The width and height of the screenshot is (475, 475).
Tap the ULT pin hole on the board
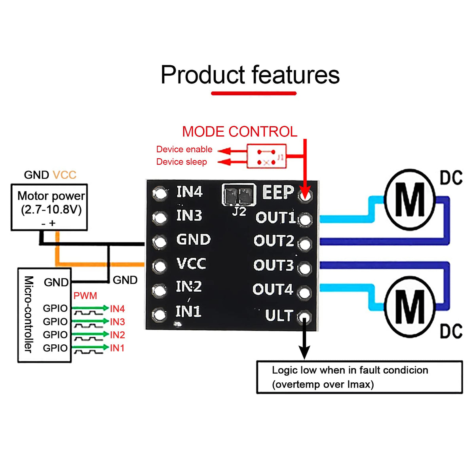304,317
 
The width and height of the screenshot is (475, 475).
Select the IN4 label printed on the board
189,192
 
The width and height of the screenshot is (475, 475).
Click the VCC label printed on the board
191,264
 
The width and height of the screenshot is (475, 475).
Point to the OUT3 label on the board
273,266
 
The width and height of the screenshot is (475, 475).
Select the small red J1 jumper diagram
266,156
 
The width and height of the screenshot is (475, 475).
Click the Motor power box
49,207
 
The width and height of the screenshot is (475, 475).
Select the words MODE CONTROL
239,132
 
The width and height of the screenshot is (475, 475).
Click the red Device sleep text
182,162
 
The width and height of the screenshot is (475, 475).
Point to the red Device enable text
184,149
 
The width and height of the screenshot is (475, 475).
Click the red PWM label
85,296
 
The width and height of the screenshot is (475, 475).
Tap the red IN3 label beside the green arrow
118,322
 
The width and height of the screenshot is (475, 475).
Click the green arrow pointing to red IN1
90,348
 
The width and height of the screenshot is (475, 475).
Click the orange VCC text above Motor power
64,175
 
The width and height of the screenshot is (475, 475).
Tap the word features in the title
295,75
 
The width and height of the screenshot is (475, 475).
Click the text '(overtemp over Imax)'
323,384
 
